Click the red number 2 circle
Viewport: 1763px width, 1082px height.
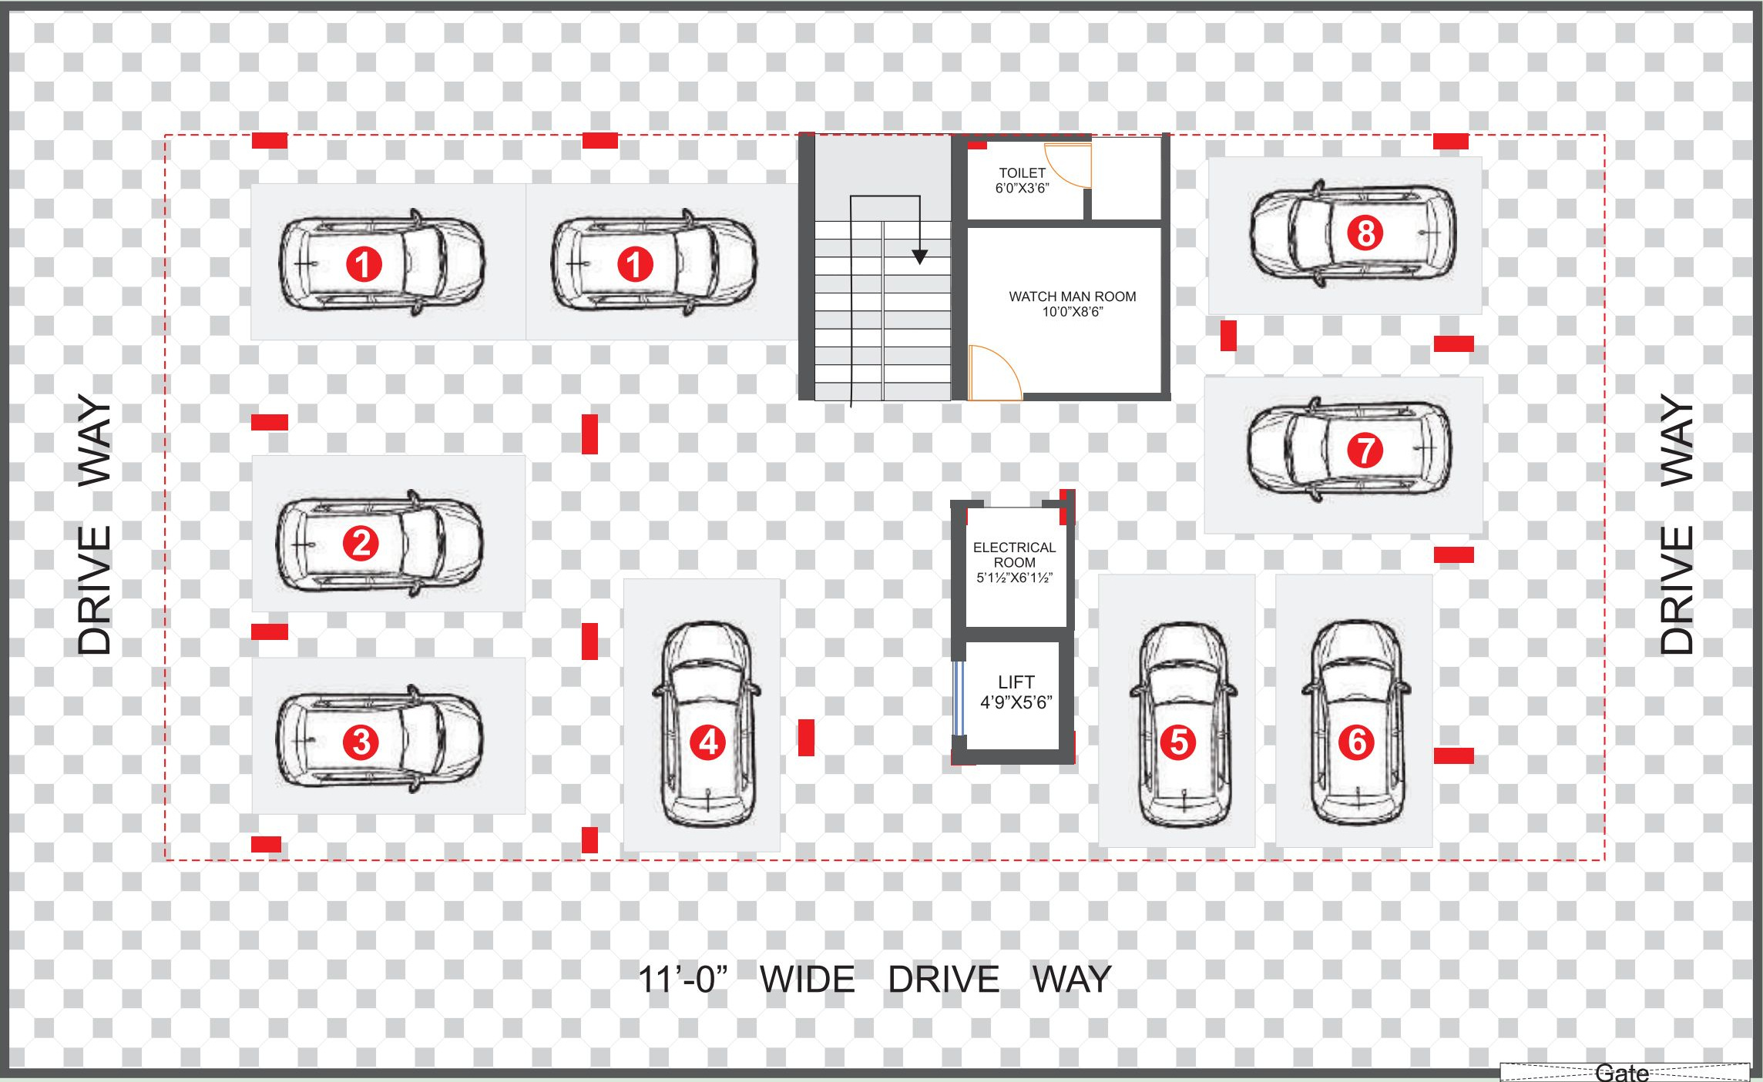click(x=361, y=544)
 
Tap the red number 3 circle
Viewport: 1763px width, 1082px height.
click(x=361, y=742)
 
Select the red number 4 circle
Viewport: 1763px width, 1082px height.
click(x=708, y=742)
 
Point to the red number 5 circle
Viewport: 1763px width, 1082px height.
click(x=1178, y=742)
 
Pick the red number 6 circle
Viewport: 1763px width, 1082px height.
click(x=1356, y=742)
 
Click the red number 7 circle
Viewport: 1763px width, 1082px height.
click(x=1365, y=450)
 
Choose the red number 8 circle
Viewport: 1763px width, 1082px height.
click(x=1365, y=233)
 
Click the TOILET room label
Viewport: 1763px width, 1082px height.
click(x=1022, y=173)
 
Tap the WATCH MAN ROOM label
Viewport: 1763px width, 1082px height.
click(x=1072, y=296)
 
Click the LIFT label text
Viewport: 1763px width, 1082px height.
click(x=1016, y=682)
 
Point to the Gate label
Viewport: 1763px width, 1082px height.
click(x=1622, y=1073)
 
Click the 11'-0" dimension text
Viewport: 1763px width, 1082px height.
click(x=683, y=980)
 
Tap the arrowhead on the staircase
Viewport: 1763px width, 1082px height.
click(x=919, y=256)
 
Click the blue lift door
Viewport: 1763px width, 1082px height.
click(x=959, y=698)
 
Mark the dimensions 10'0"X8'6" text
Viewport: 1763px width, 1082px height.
click(x=1073, y=312)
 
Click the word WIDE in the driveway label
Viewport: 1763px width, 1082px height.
click(x=807, y=980)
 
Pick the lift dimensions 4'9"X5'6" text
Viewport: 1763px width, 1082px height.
click(x=1016, y=702)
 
